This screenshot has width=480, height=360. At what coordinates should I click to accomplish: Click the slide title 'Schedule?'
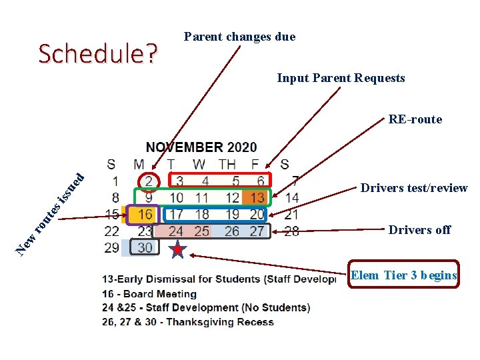click(x=98, y=54)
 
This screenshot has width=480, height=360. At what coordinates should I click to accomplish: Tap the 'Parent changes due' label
click(x=239, y=37)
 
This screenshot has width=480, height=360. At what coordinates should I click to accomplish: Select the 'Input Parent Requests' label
click(x=341, y=78)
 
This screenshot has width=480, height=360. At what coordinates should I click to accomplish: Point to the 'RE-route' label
click(x=415, y=119)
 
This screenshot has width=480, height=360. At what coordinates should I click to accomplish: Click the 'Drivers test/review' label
click(x=414, y=188)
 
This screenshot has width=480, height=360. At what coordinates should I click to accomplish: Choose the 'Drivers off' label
click(x=419, y=230)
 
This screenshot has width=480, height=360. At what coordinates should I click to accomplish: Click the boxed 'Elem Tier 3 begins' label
click(x=404, y=275)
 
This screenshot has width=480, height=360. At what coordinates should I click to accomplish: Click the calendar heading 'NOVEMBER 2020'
click(x=201, y=147)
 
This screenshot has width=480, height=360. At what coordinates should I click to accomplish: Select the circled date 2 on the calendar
click(x=149, y=181)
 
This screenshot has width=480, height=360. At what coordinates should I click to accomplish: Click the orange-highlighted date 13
click(x=257, y=197)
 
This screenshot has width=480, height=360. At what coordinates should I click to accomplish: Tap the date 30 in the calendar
click(x=145, y=247)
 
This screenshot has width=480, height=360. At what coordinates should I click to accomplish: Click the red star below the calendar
click(x=177, y=250)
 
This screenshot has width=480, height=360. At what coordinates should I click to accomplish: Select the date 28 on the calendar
click(x=291, y=231)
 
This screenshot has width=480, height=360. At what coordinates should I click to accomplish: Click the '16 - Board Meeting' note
click(x=150, y=294)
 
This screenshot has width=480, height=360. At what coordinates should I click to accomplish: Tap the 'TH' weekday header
click(x=227, y=164)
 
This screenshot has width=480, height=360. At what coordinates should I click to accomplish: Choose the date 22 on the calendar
click(x=111, y=231)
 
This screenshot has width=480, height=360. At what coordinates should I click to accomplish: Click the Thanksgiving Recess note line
click(x=188, y=321)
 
